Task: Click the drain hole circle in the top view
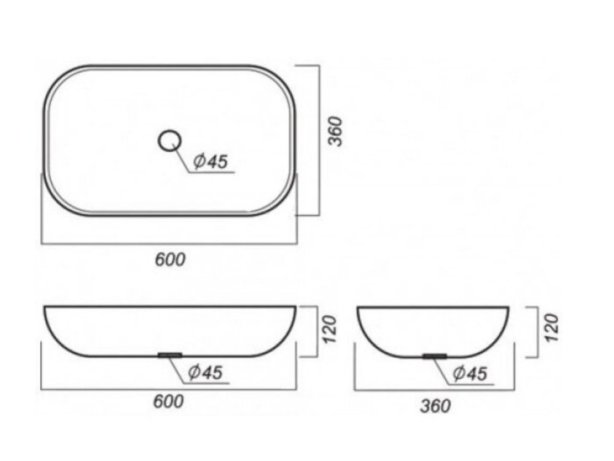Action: [169, 131]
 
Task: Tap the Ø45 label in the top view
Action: [211, 161]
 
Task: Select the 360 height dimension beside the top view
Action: [335, 131]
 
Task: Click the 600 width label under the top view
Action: [170, 260]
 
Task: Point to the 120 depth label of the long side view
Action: [330, 329]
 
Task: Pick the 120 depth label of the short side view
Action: [552, 328]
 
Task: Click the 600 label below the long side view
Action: [168, 401]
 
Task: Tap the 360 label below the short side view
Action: [435, 406]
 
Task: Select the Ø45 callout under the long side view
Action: [205, 372]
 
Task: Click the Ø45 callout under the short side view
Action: [470, 373]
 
